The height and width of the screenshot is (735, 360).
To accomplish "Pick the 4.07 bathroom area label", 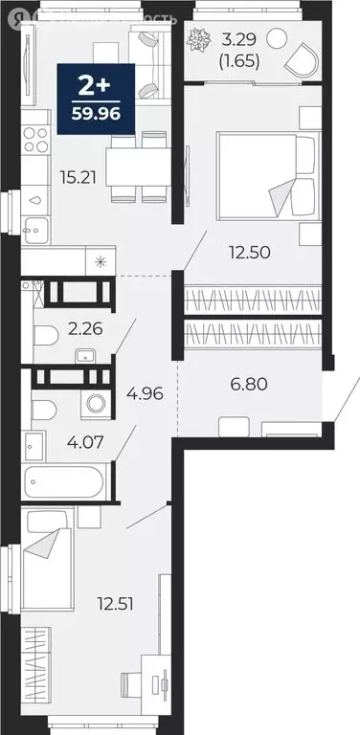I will tap(84, 443).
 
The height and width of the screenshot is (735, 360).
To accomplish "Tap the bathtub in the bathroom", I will tap(67, 479).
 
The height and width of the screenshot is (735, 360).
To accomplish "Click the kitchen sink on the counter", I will tap(34, 201).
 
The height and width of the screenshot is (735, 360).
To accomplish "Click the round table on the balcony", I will tap(276, 40).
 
